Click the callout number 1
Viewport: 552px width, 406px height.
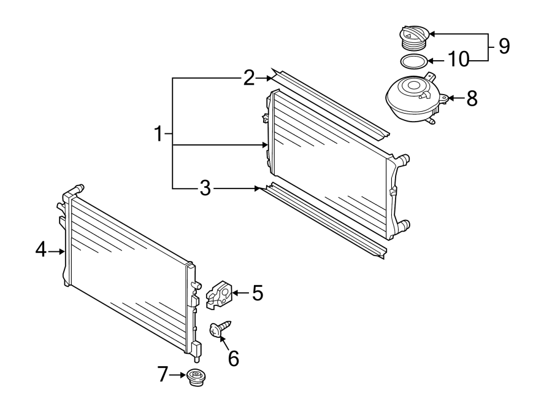pyautogui.click(x=159, y=133)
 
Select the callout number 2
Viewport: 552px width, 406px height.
pyautogui.click(x=248, y=78)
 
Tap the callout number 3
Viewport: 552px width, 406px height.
pyautogui.click(x=205, y=189)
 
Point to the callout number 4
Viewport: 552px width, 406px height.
pyautogui.click(x=40, y=251)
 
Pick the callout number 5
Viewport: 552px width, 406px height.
pyautogui.click(x=257, y=293)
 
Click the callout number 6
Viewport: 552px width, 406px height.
pyautogui.click(x=234, y=357)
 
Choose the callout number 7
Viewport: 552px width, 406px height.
pyautogui.click(x=163, y=374)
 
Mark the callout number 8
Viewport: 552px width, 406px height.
pyautogui.click(x=471, y=98)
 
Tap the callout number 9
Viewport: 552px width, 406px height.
pyautogui.click(x=504, y=46)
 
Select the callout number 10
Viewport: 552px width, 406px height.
pyautogui.click(x=458, y=60)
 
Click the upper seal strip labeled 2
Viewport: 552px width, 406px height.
pyautogui.click(x=331, y=102)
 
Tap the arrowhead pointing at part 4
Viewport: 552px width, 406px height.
pyautogui.click(x=62, y=251)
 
